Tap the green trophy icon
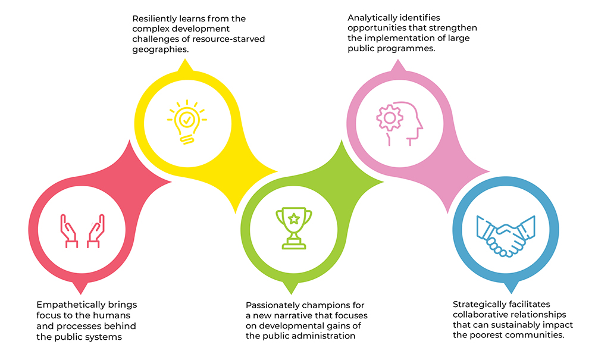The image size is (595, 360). pos(294,228)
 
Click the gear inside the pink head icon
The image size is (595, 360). pos(390,118)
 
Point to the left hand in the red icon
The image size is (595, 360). pos(69,231)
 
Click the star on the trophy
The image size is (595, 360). pos(294,218)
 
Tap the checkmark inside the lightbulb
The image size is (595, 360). pos(187,120)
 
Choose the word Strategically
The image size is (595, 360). pos(477,305)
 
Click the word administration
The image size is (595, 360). pos(327,336)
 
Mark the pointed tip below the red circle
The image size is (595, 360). pos(80,294)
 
